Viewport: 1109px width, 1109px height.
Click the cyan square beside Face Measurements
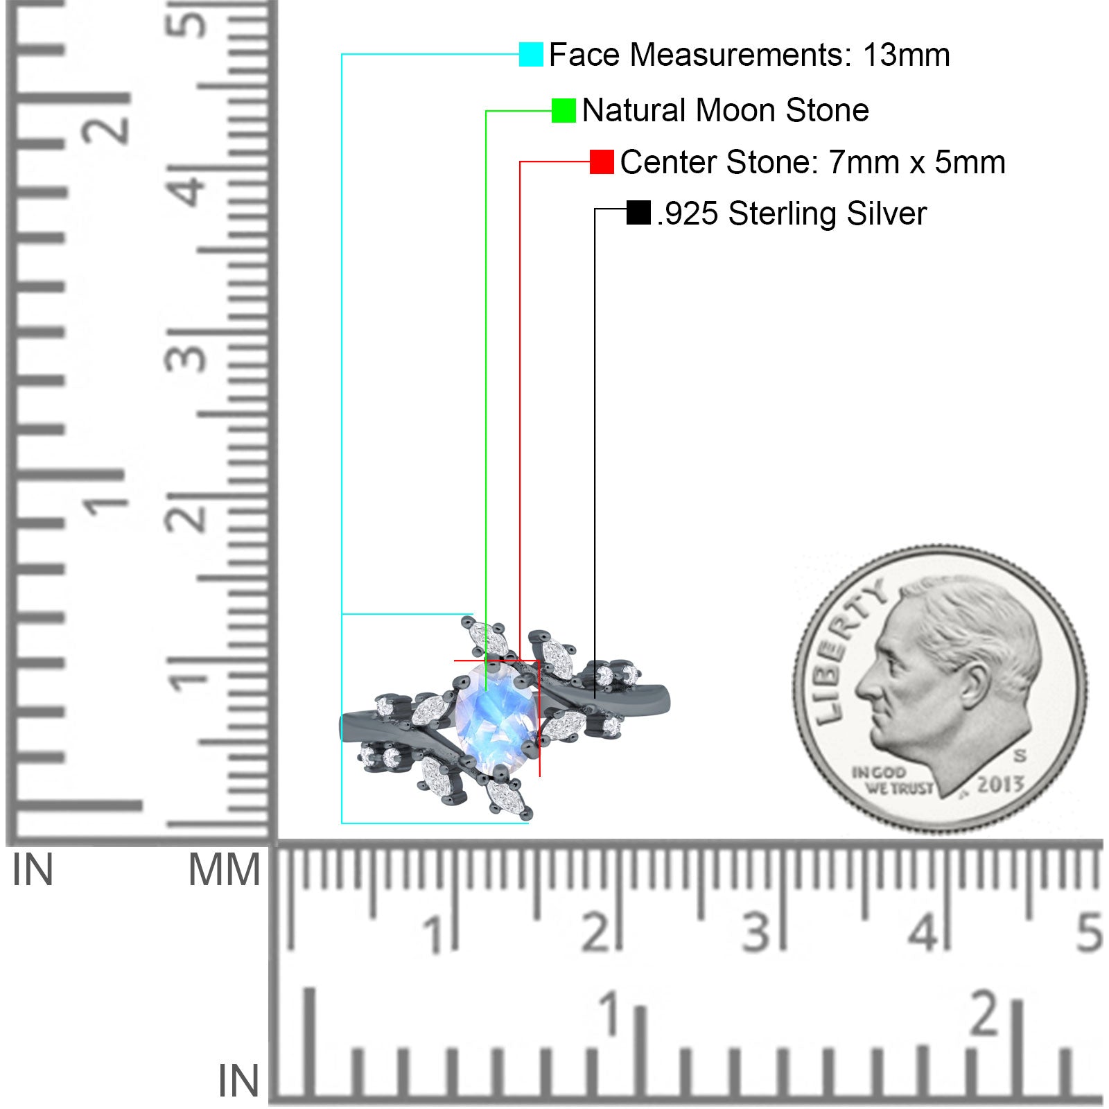pyautogui.click(x=531, y=54)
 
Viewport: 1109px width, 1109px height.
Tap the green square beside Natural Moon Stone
pyautogui.click(x=564, y=110)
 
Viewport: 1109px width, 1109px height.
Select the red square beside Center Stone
pyautogui.click(x=602, y=161)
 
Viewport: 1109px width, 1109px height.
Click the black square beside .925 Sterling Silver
pyautogui.click(x=638, y=213)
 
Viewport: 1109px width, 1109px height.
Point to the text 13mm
pyautogui.click(x=907, y=55)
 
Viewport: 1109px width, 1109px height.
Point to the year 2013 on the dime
pyautogui.click(x=1000, y=785)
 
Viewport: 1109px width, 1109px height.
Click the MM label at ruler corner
pyautogui.click(x=225, y=870)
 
